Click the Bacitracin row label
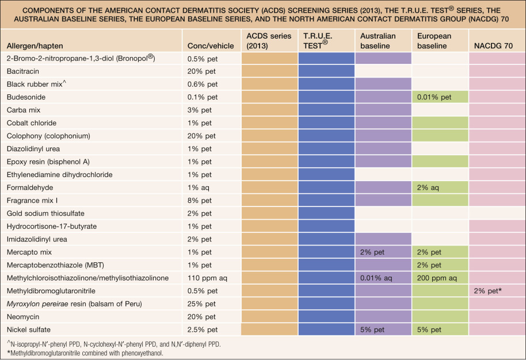24,71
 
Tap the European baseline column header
434,40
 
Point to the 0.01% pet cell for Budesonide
436,97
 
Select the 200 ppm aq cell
437,278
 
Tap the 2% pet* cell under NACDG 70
488,291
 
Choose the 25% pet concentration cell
202,304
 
